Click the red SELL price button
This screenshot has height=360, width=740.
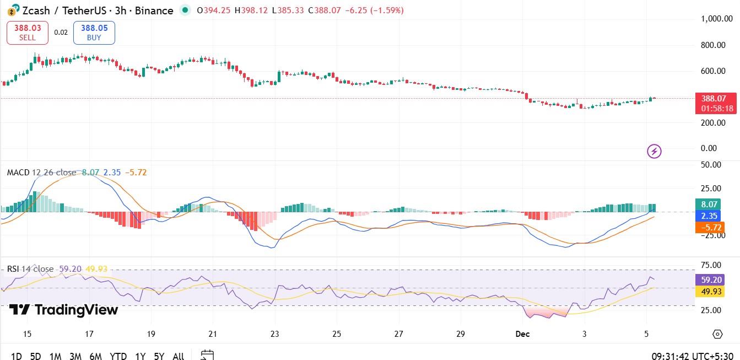(27, 33)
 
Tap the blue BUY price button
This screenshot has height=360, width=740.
(94, 33)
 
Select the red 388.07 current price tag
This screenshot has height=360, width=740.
(715, 103)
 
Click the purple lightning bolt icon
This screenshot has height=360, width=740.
(654, 151)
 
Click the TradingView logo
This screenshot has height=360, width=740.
(63, 310)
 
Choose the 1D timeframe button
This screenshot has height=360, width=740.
(17, 356)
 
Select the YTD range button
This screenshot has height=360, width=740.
(118, 356)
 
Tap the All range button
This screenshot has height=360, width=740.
(178, 356)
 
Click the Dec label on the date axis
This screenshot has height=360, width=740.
(522, 334)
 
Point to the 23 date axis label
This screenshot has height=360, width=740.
(275, 334)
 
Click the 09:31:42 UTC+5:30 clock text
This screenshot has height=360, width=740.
(692, 356)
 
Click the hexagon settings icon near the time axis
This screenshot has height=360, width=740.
(717, 334)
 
